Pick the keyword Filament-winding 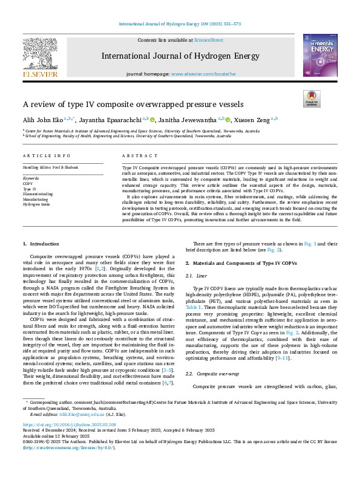pos(38,193)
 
